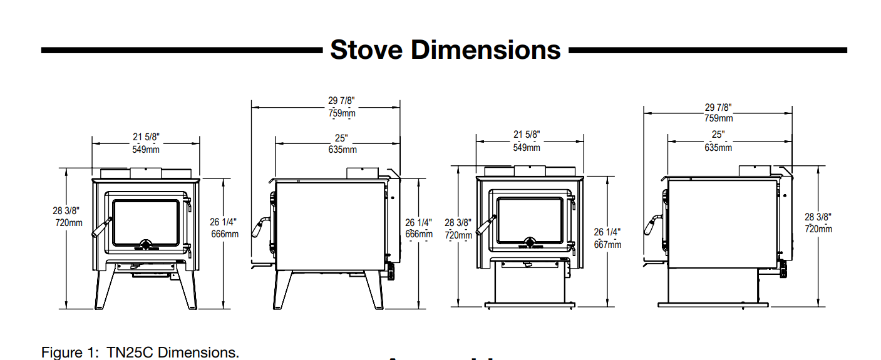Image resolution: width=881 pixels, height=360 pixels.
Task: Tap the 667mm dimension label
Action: tap(607, 244)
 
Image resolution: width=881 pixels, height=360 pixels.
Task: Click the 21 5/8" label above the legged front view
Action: tap(145, 137)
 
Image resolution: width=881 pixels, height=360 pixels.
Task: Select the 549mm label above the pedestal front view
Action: tap(527, 148)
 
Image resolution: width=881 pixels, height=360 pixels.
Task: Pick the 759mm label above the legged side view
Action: tap(341, 113)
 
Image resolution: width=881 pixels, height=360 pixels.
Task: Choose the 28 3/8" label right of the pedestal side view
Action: tap(818, 217)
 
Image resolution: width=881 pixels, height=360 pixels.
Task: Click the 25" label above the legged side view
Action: tap(341, 138)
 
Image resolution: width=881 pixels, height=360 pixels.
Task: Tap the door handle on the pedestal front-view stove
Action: tap(485, 226)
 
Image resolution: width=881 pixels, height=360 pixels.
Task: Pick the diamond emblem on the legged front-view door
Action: tap(145, 244)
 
